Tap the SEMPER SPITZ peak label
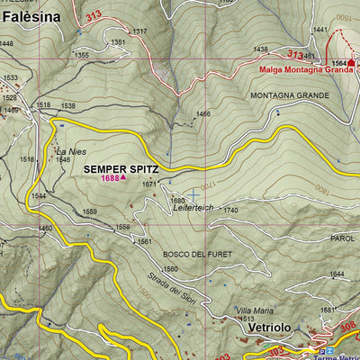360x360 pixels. (x=121, y=167)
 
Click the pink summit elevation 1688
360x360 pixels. (x=111, y=178)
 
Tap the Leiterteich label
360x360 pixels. (x=192, y=209)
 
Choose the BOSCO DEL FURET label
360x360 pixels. (x=197, y=255)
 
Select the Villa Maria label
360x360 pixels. (x=255, y=310)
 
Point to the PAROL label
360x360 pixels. (x=343, y=238)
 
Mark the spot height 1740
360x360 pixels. (x=230, y=210)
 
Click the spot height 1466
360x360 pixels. (x=202, y=114)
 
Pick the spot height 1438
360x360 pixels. (x=261, y=49)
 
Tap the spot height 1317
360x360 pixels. (x=139, y=31)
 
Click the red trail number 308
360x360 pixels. (x=349, y=328)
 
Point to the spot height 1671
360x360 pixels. (x=149, y=184)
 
